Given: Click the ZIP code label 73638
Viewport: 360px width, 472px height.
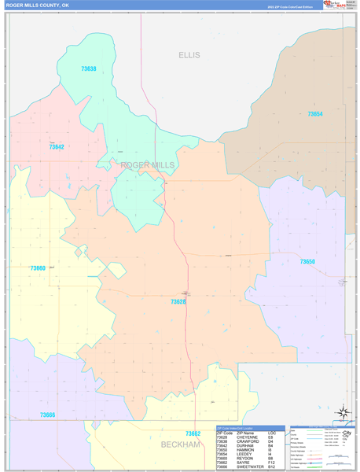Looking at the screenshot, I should pos(89,69).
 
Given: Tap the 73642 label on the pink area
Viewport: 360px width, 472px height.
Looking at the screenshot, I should pos(57,147).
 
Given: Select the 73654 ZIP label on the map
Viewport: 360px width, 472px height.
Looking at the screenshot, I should pos(314,114).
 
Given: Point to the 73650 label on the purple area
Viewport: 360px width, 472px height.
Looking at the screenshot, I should pos(307,262).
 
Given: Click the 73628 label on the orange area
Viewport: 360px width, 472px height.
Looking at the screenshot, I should pos(178,301).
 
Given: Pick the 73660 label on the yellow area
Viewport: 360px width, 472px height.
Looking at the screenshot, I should pos(38,268).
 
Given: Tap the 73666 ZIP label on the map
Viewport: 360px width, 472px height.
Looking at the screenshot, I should pos(47,415).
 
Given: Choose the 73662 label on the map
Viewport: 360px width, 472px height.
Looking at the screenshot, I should pos(193,433).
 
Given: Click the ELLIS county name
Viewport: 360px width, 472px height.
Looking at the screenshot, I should pos(189,55).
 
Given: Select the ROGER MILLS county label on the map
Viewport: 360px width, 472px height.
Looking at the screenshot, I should pos(148,165).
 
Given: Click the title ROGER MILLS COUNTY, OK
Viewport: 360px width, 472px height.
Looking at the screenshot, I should pos(37,5).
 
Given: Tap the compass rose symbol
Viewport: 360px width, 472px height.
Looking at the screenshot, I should pos(342,411).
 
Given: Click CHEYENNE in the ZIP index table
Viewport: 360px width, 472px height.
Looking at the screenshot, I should pos(248,437).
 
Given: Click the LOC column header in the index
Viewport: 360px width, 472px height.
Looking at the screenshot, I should pos(271,433).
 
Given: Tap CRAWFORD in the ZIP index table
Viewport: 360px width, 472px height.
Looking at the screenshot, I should pos(248,442).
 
